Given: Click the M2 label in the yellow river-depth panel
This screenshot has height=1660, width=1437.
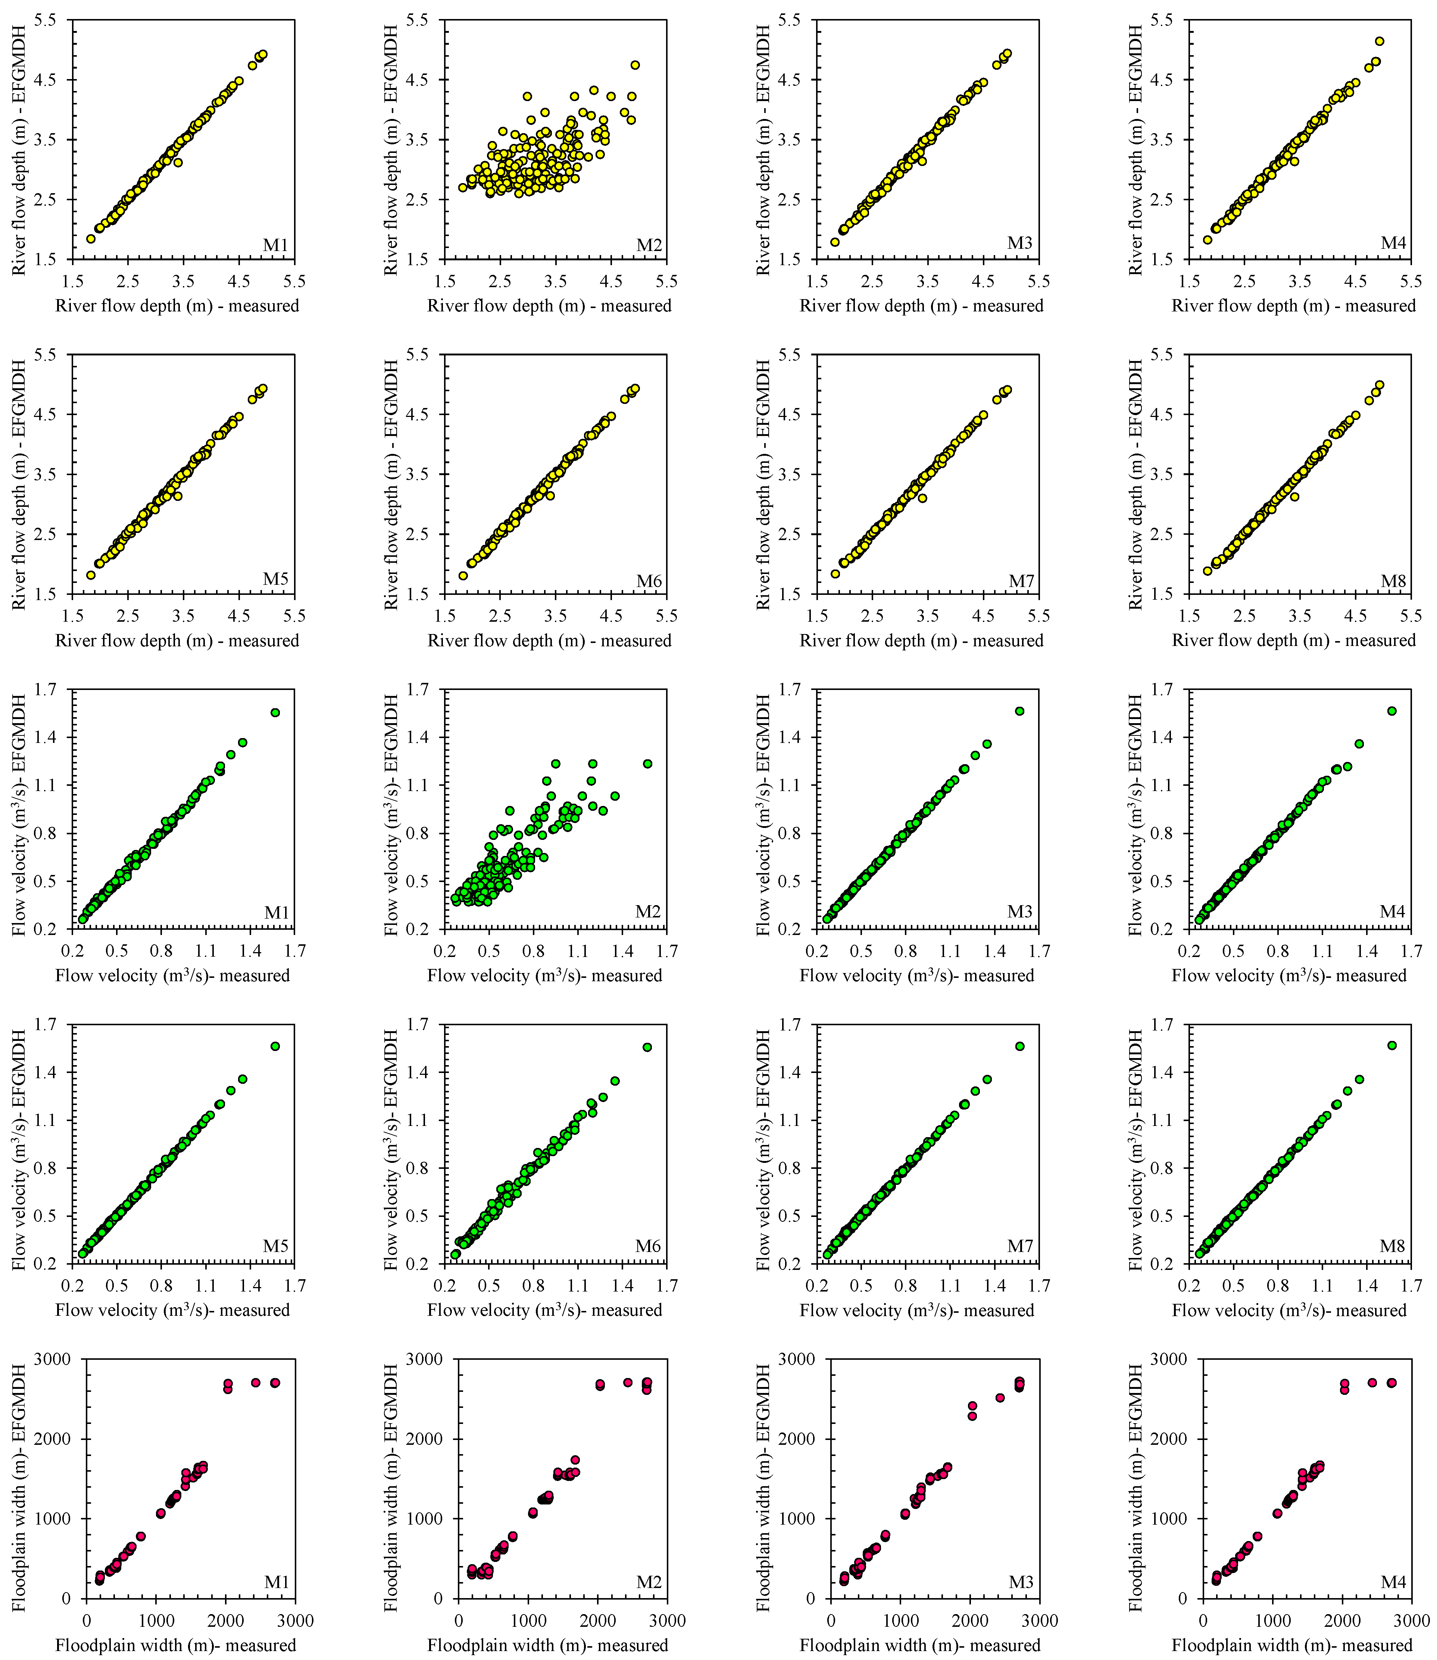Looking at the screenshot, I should (x=649, y=245).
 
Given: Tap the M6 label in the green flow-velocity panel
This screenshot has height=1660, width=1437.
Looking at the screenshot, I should (x=648, y=1246).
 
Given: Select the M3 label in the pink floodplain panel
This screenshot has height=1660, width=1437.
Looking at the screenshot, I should (x=1021, y=1581).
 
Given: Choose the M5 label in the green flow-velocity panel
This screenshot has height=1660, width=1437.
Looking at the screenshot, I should (x=276, y=1246).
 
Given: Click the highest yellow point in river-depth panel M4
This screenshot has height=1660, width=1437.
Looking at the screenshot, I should (x=1379, y=41).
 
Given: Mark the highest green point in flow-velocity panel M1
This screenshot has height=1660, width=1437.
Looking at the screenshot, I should (x=275, y=712).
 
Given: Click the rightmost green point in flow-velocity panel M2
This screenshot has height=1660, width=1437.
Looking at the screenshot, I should (x=647, y=763).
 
